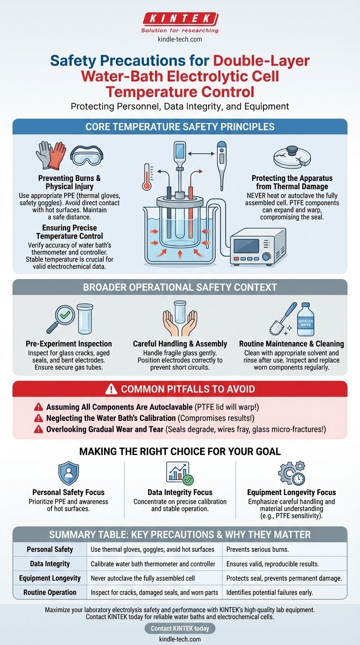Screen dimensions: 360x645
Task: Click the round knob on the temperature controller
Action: [266, 256]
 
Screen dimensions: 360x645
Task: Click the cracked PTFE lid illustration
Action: [292, 157]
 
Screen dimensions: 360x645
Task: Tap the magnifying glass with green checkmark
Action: [60, 318]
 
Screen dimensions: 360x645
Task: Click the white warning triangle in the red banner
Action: [111, 389]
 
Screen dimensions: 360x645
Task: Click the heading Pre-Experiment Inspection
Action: [69, 344]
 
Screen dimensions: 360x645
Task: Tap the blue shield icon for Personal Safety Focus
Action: [68, 473]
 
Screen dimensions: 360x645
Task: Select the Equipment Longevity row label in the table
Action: [50, 578]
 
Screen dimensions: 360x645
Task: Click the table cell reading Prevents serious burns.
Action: [257, 549]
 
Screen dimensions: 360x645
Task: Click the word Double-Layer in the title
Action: [261, 61]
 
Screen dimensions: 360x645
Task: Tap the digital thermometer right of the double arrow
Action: [221, 165]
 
